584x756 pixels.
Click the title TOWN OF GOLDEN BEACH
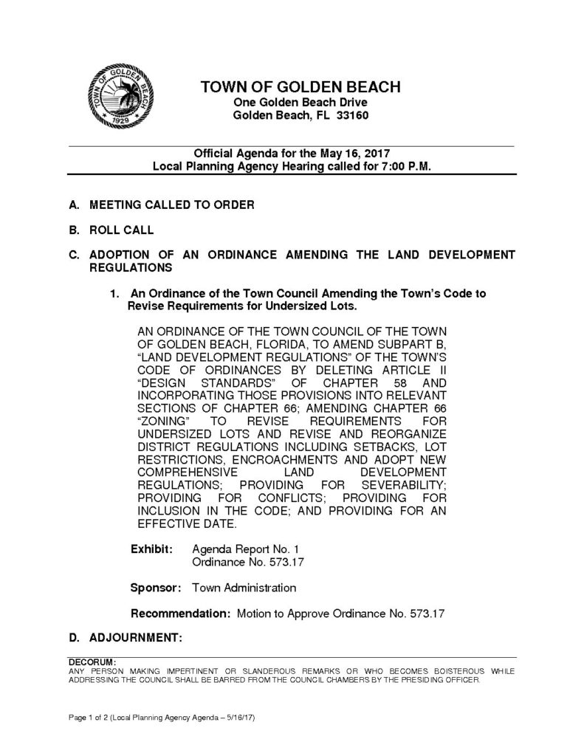point(300,87)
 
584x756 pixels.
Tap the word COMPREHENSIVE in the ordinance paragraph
point(187,471)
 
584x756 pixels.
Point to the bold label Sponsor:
point(157,588)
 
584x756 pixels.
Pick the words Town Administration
point(244,588)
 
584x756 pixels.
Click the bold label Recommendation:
point(181,614)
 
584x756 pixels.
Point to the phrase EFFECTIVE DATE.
point(187,524)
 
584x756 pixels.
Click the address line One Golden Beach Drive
point(300,102)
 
